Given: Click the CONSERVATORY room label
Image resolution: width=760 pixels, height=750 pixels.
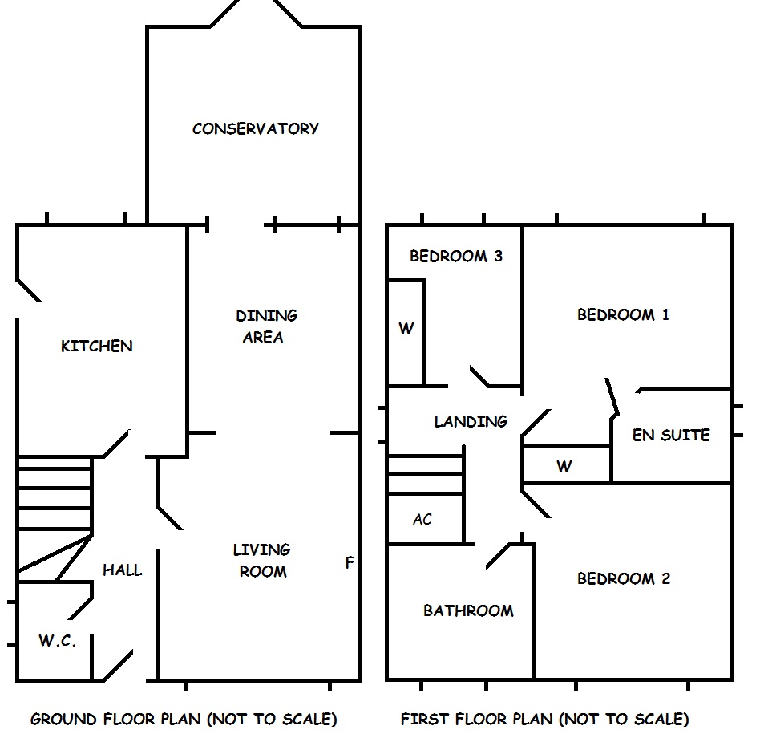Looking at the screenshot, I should tap(256, 128).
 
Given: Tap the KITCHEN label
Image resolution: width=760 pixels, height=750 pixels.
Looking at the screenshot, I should tap(97, 347).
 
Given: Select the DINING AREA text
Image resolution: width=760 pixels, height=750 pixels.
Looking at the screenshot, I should tap(265, 326).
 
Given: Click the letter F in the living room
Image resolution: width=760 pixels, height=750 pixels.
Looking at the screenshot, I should tap(349, 563).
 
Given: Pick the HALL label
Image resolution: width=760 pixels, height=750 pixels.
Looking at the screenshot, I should tap(123, 570).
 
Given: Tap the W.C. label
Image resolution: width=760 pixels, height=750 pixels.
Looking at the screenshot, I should tap(57, 641).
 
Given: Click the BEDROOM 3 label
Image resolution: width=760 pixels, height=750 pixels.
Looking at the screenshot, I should tap(455, 257).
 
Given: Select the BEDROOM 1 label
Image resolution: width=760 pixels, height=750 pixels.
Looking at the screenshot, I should tap(623, 314).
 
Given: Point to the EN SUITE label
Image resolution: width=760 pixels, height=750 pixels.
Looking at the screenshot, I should tap(671, 435).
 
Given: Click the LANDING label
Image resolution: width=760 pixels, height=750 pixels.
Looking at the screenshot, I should tap(471, 421).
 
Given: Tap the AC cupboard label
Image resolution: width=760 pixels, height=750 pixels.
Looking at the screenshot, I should tap(422, 520).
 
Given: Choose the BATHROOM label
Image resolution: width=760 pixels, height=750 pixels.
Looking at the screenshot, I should tap(468, 611).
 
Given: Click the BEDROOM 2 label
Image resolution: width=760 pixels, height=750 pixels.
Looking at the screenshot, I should tap(624, 579).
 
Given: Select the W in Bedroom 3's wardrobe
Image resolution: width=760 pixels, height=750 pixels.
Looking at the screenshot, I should tap(406, 329).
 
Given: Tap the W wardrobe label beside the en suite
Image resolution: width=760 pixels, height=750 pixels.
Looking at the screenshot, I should tap(564, 466).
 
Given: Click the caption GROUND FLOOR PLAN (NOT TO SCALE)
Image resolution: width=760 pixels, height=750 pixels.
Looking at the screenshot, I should tap(184, 719).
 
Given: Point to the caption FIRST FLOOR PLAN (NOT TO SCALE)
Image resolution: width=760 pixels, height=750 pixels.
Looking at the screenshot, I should tap(544, 719).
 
